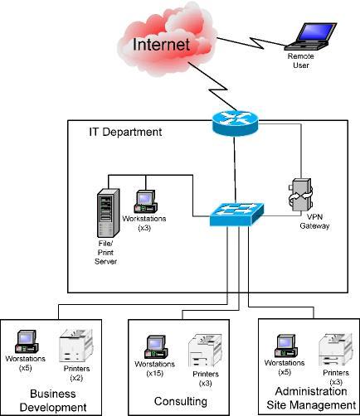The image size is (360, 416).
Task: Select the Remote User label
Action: click(300, 60)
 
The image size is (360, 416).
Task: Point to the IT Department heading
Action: click(125, 132)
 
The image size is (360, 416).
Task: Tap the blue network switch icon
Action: click(235, 213)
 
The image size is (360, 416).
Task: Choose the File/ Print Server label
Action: click(106, 254)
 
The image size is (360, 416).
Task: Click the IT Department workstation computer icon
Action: click(146, 201)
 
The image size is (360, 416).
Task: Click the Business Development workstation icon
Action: click(27, 342)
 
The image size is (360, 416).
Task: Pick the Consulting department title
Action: click(180, 401)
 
